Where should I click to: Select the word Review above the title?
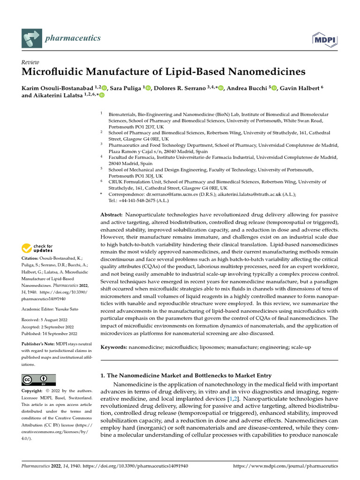[30, 62]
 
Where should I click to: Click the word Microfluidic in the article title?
[57, 72]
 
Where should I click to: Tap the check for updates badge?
[37, 248]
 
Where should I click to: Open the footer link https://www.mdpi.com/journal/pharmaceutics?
[285, 466]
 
